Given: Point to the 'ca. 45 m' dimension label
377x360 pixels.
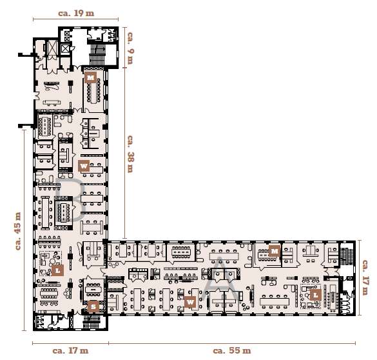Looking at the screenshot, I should (19, 230).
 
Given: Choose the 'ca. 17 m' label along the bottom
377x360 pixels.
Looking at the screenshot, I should (70, 350).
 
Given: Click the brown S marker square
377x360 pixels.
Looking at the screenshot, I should (93, 306).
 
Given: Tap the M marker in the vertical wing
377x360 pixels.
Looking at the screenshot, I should (92, 77).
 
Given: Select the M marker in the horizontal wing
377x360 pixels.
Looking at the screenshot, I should (274, 250).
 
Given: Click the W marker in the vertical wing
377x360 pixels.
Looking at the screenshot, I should (84, 166).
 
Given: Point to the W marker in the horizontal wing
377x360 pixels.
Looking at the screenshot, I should (190, 301).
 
